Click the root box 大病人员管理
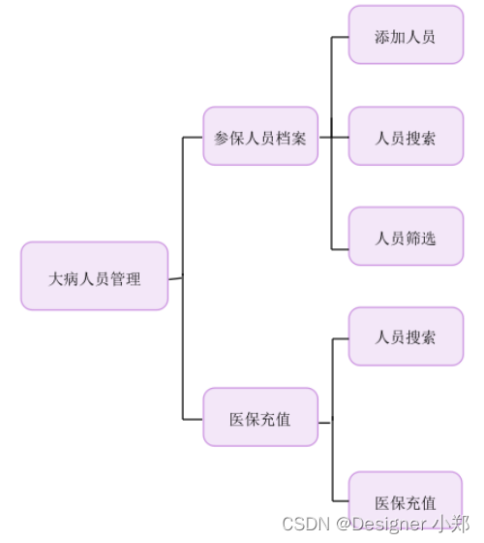click(95, 276)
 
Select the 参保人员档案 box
click(260, 136)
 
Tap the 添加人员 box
click(406, 36)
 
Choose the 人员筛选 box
click(406, 237)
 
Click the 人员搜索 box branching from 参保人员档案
click(406, 137)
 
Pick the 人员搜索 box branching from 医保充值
click(406, 336)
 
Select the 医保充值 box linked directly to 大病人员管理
click(260, 418)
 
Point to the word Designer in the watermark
click(391, 524)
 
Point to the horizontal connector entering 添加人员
click(340, 37)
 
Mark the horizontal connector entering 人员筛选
click(340, 238)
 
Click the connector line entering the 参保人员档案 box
click(193, 137)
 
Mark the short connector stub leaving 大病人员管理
click(174, 278)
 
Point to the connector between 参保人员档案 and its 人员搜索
click(334, 137)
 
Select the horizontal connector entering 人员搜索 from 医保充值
click(340, 338)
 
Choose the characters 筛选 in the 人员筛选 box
click(421, 238)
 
